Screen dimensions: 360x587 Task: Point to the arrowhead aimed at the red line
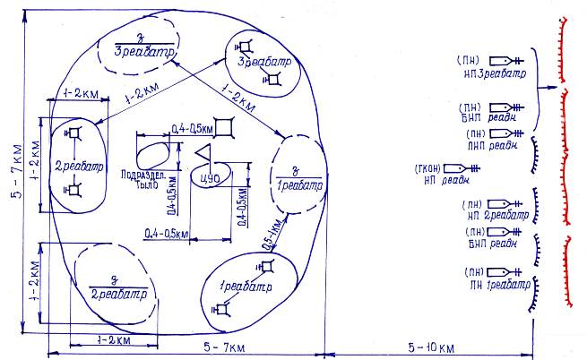(x=554, y=88)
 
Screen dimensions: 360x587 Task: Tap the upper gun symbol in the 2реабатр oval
(x=75, y=133)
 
